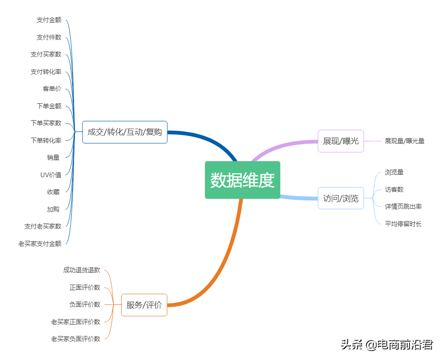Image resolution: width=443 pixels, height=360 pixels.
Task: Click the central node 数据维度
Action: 242,180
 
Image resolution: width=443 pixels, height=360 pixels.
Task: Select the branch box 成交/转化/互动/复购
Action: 125,132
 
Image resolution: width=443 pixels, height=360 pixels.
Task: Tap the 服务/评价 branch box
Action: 144,305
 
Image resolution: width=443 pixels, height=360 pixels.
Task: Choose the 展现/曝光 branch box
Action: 341,141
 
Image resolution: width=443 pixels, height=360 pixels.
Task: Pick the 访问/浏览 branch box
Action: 341,198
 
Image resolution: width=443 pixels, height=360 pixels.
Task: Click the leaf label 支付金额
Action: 49,20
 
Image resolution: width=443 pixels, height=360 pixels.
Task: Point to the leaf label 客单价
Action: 52,89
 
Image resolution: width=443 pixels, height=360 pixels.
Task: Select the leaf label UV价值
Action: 51,175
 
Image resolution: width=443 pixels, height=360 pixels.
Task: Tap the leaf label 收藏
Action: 53,192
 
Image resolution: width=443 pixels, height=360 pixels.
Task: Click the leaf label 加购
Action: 53,209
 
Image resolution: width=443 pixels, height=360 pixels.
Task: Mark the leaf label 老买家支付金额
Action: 40,244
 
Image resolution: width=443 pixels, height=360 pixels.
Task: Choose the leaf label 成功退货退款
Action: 82,270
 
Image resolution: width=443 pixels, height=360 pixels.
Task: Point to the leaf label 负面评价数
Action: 85,304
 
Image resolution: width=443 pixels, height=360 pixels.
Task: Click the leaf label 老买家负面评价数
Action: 76,339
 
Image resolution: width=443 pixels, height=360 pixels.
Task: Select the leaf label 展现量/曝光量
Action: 404,141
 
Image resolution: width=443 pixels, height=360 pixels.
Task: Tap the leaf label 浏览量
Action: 394,172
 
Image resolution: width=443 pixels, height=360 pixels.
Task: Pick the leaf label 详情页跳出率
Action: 403,206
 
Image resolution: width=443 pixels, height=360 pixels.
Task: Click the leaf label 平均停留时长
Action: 403,224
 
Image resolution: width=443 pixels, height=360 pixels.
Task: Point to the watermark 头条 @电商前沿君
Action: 386,345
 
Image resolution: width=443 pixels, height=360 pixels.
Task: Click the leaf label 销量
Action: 53,157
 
